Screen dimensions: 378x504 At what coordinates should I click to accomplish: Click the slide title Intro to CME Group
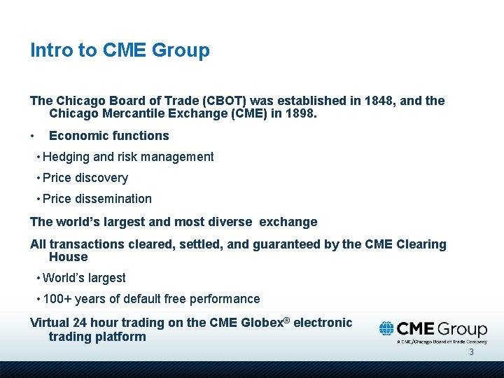point(120,50)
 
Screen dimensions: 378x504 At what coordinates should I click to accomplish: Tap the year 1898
point(300,113)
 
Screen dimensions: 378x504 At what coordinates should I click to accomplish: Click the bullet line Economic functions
point(108,136)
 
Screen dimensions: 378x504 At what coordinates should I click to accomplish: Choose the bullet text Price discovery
point(85,178)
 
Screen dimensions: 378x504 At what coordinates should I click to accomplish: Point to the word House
point(68,257)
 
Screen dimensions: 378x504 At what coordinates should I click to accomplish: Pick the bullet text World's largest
point(84,278)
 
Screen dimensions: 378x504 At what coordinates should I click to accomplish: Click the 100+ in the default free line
point(57,299)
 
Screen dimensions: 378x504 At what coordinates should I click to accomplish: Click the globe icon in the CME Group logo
point(386,329)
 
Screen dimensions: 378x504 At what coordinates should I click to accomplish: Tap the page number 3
point(471,352)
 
